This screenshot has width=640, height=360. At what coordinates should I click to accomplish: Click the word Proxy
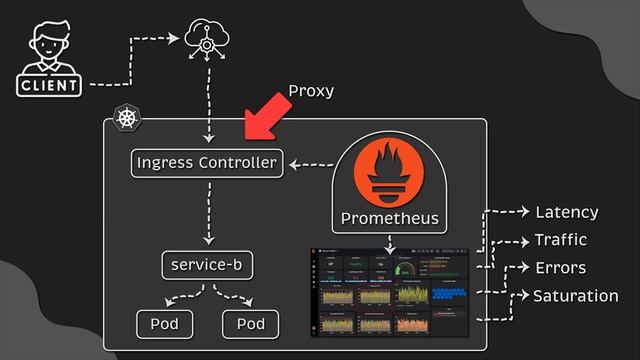[311, 91]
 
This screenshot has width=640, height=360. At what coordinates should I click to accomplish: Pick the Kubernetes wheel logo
[126, 117]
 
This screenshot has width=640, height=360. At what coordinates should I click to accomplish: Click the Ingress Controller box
[207, 162]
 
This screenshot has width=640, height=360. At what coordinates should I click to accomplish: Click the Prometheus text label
[389, 218]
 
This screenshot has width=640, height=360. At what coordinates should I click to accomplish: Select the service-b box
[207, 266]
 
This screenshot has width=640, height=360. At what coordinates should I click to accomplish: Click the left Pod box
[164, 324]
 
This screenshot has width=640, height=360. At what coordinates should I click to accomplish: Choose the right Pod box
[251, 324]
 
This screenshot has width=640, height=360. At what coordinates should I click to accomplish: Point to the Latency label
[567, 212]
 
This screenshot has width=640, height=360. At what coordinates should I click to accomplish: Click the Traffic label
[561, 240]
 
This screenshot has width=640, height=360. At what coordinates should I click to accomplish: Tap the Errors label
[560, 268]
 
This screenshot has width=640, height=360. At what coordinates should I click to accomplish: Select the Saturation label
[575, 296]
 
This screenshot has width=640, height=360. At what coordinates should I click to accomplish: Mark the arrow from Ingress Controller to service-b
[207, 214]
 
